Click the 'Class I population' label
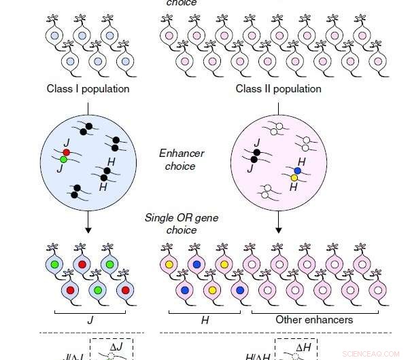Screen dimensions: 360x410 pos(88,89)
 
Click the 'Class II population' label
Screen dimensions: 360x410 pos(278,89)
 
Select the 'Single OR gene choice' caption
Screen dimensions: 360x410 pos(180,223)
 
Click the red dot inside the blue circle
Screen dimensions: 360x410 pos(67,152)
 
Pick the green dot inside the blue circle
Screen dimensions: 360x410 pos(63,160)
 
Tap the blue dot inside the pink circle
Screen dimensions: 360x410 pos(297,170)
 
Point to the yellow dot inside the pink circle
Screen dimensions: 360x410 pos(294,178)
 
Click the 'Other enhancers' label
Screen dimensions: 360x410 pos(314,319)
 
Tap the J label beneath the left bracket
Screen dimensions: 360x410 pos(89,319)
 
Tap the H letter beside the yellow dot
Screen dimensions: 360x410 pos(294,187)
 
